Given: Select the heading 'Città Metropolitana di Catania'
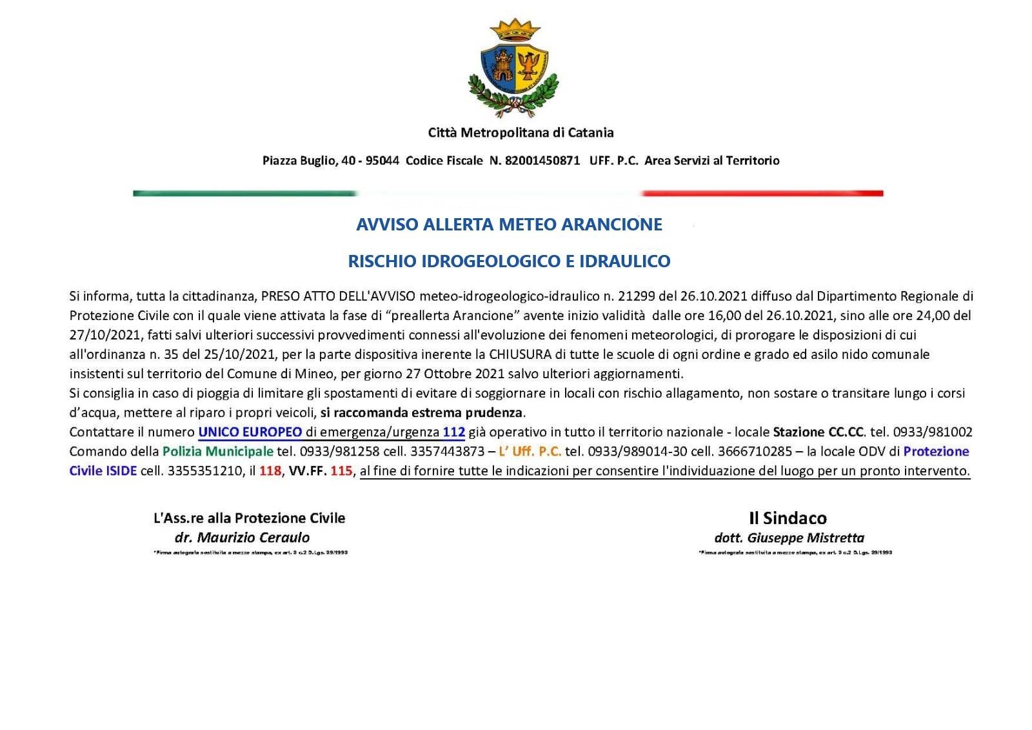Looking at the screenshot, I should click(521, 133).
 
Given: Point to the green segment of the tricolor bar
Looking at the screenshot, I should click(245, 193).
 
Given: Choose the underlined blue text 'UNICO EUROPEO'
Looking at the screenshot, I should click(250, 432).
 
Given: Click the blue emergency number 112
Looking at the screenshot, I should click(454, 432).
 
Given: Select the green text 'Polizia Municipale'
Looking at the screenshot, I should click(218, 451).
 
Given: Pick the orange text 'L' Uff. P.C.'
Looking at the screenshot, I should click(530, 451).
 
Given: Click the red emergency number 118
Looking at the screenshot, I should click(270, 471).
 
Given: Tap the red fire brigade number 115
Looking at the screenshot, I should click(341, 471).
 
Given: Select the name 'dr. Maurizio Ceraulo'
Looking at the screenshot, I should click(242, 538).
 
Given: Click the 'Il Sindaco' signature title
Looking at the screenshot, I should click(788, 518).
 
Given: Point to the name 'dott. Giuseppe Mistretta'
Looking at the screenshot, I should click(789, 538).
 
